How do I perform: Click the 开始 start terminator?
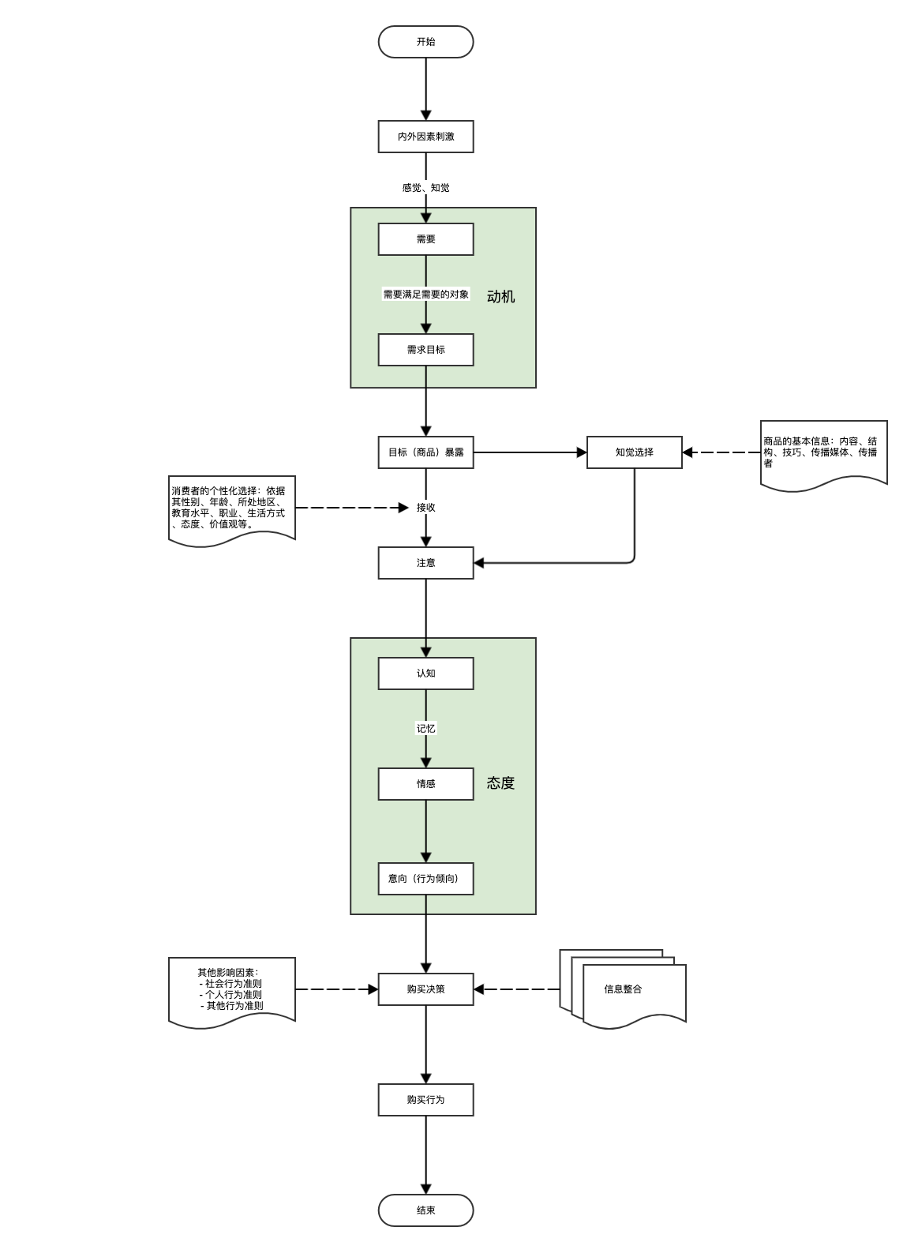pyautogui.click(x=425, y=42)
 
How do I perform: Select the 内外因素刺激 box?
pyautogui.click(x=425, y=137)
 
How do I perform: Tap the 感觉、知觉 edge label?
pyautogui.click(x=425, y=188)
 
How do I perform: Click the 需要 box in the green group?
pyautogui.click(x=425, y=239)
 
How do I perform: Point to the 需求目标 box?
pyautogui.click(x=425, y=350)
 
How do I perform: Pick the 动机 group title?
pyautogui.click(x=500, y=297)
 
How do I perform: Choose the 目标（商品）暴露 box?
pyautogui.click(x=425, y=452)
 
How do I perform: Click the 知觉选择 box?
pyautogui.click(x=634, y=452)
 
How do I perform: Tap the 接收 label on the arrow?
pyautogui.click(x=425, y=508)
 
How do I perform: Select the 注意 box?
pyautogui.click(x=425, y=563)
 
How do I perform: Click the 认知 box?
pyautogui.click(x=425, y=674)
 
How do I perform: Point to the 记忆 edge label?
pyautogui.click(x=425, y=729)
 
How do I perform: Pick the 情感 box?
pyautogui.click(x=425, y=784)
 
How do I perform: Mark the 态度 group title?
pyautogui.click(x=500, y=783)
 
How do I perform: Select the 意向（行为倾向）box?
pyautogui.click(x=425, y=879)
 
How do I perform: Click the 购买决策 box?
pyautogui.click(x=425, y=989)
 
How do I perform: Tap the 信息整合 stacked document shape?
pyautogui.click(x=624, y=989)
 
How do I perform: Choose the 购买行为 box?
pyautogui.click(x=425, y=1100)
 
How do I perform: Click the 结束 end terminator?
pyautogui.click(x=425, y=1210)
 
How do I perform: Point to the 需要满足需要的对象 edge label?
pyautogui.click(x=425, y=295)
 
